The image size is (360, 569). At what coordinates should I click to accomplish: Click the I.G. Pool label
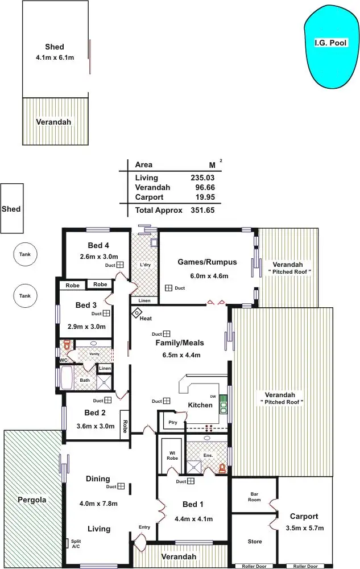click(x=330, y=43)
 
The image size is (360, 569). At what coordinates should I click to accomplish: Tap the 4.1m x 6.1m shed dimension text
click(x=55, y=57)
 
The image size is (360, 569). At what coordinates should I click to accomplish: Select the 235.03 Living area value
click(x=202, y=178)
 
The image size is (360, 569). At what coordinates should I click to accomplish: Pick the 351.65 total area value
click(x=202, y=210)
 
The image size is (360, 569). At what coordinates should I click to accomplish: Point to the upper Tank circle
click(x=24, y=255)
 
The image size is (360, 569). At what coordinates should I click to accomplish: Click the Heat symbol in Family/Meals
click(x=137, y=313)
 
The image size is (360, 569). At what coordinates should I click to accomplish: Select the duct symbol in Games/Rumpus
click(x=169, y=288)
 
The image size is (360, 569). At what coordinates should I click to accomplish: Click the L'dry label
click(x=144, y=265)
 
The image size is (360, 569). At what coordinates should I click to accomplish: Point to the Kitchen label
click(x=200, y=405)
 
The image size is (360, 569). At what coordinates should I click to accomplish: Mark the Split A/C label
click(x=76, y=543)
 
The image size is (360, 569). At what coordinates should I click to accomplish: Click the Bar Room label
click(x=254, y=497)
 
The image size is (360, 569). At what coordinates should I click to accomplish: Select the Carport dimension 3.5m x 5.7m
click(x=304, y=528)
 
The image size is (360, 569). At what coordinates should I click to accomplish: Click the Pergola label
click(x=31, y=500)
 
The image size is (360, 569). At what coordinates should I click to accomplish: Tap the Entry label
click(x=144, y=527)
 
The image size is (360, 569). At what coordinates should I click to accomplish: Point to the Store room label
click(x=254, y=541)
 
